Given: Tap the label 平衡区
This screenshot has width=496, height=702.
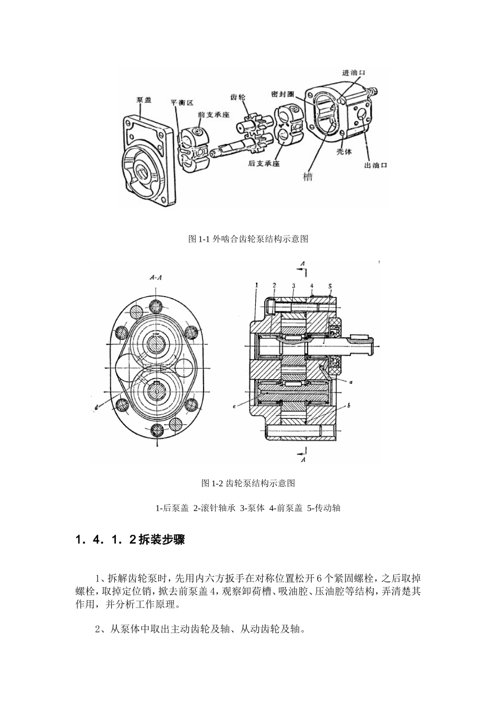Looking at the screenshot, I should point(183,103).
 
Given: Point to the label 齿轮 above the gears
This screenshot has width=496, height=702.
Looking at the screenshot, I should point(238,97).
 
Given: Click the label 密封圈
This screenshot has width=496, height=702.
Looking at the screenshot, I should point(283,94).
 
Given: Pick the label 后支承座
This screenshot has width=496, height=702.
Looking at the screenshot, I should point(264,163).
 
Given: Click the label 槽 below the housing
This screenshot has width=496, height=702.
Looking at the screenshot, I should point(308,177).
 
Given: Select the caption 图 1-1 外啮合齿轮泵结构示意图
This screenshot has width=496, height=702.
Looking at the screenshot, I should point(248,239).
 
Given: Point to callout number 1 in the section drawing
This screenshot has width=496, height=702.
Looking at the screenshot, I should point(257,285).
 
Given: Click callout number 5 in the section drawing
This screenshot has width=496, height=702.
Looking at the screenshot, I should point(330,286).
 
